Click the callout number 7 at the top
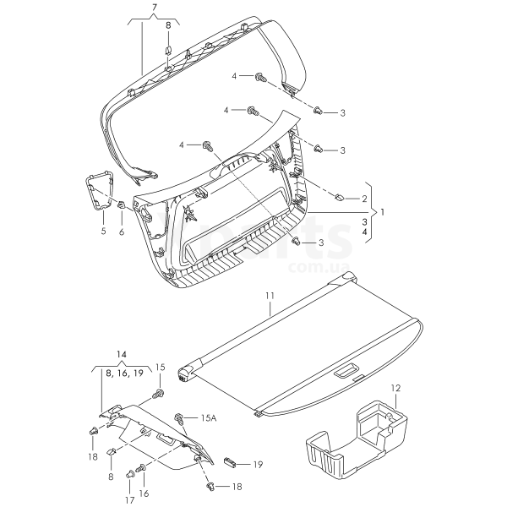pos(155,8)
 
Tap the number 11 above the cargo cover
pos(270,295)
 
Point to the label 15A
pos(209,418)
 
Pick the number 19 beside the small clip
pos(258,464)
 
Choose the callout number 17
pos(129,500)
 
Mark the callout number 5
pos(103,230)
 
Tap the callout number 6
pos(122,230)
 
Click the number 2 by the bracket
pos(364,199)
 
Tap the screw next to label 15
pos(156,394)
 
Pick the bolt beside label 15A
pos(179,417)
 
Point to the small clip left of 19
pos(231,462)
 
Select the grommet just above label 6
pos(123,205)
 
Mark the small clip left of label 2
pos(337,197)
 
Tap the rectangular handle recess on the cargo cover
pos(347,372)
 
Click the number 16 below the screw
pos(143,493)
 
